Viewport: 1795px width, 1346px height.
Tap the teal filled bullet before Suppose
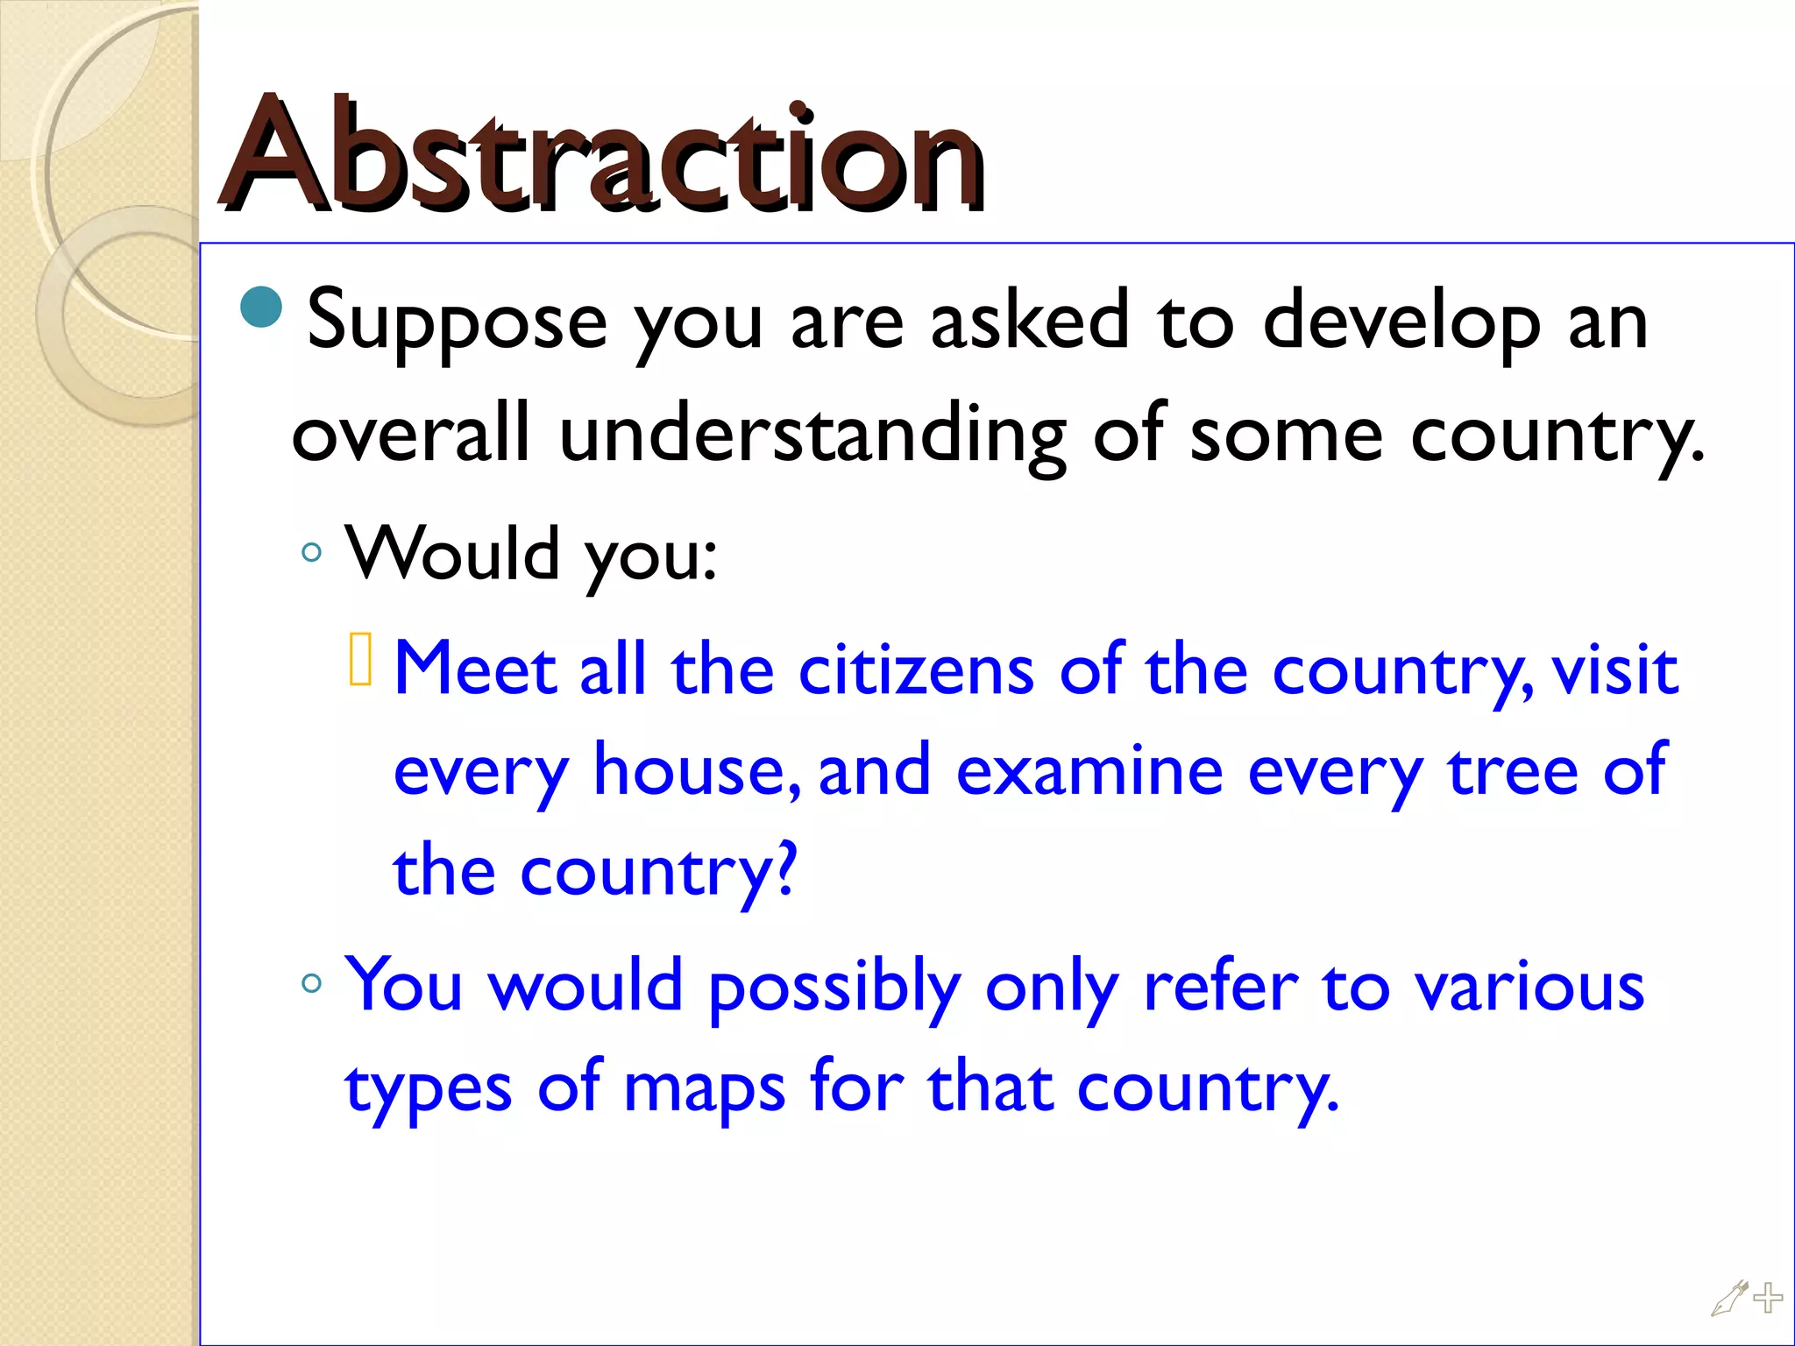261,307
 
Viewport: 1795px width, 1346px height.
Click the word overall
411,433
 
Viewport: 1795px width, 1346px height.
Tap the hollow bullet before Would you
311,553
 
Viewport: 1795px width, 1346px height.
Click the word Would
452,553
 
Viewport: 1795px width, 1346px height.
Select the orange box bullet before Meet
360,659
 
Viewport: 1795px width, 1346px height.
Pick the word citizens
916,671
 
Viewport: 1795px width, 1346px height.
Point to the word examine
1089,771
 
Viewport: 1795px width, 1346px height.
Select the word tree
1514,771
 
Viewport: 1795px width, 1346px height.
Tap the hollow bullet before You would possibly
311,983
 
